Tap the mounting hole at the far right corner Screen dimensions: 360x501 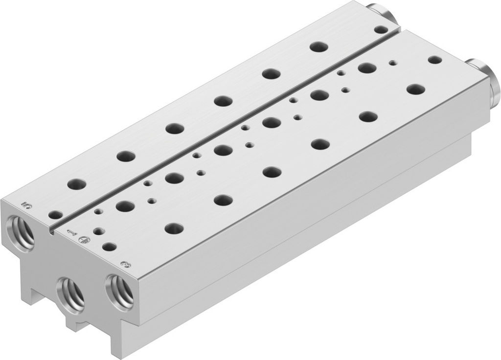(x=434, y=60)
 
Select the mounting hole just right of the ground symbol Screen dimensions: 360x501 (x=110, y=247)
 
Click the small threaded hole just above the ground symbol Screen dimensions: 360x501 (x=98, y=230)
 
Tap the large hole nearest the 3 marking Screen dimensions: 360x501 (x=174, y=228)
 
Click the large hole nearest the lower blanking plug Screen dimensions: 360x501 (x=415, y=89)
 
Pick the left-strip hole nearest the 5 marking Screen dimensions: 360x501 (x=76, y=184)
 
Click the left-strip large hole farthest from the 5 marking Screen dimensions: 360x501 (x=319, y=47)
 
